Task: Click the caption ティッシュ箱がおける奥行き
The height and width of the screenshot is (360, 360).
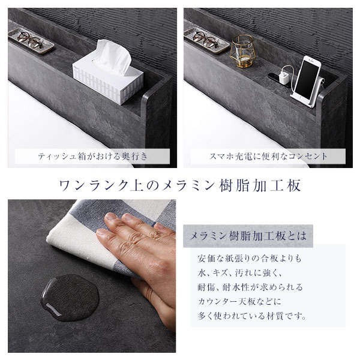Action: coord(92,157)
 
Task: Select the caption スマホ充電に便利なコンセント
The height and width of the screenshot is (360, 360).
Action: coord(268,157)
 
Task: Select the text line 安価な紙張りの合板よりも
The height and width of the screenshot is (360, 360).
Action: coord(251,259)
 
